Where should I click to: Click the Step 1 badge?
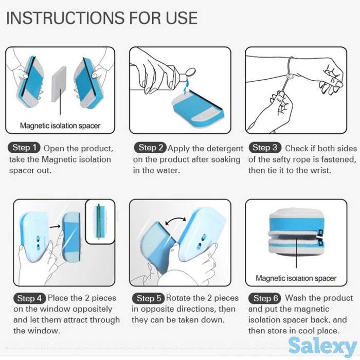[x=24, y=148]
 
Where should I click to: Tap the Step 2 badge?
[x=150, y=148]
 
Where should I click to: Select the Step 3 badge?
[x=265, y=148]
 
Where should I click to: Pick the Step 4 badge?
[x=30, y=298]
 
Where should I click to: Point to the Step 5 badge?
[x=148, y=298]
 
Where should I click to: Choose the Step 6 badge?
[x=265, y=298]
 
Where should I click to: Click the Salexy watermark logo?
[x=322, y=347]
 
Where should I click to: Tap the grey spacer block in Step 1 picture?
[x=59, y=84]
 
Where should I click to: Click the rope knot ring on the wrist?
[x=289, y=76]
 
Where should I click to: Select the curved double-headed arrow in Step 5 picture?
[x=176, y=219]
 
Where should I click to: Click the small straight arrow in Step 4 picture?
[x=55, y=227]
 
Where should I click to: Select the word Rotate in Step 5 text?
[x=178, y=298]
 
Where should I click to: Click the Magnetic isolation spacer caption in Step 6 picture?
[x=296, y=278]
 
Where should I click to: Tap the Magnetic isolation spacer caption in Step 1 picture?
[x=60, y=125]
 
